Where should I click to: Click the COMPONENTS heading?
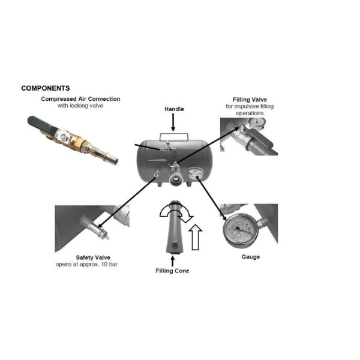(46, 88)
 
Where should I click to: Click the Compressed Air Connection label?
(80, 99)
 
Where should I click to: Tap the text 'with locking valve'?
(80, 106)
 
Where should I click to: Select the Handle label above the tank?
(174, 109)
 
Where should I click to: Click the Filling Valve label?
(250, 100)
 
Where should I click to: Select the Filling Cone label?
(173, 271)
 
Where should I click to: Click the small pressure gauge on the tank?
(194, 173)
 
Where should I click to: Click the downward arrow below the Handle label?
(173, 122)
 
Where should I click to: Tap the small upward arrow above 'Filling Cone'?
(173, 261)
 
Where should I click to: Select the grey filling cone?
(174, 231)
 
